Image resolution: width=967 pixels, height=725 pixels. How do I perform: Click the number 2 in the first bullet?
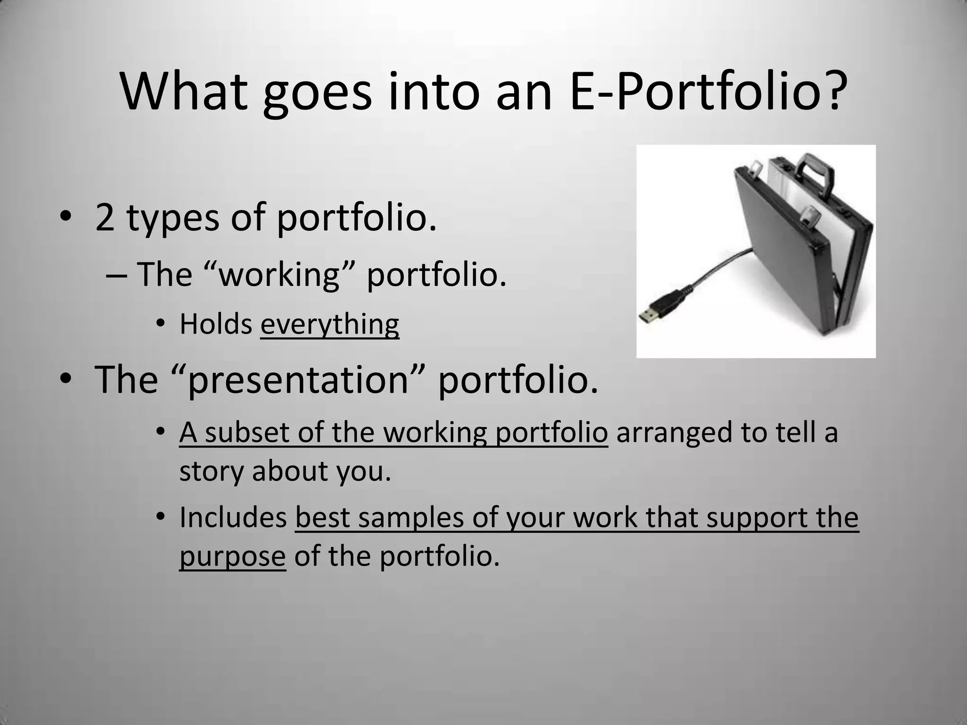click(105, 218)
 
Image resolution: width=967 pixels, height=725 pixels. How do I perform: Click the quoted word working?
click(279, 274)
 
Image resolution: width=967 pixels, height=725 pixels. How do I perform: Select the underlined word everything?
click(330, 325)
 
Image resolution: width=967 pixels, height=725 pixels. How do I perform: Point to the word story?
click(211, 472)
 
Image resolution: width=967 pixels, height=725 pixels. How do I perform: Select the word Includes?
click(233, 518)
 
